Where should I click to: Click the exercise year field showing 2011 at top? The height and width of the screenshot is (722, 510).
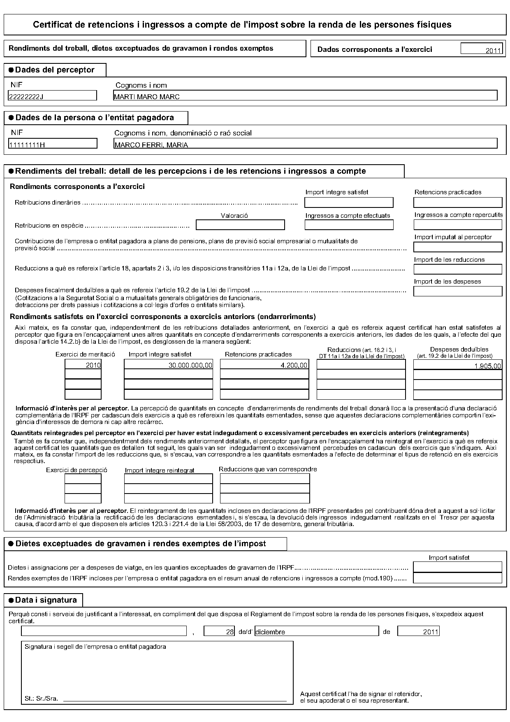(x=482, y=49)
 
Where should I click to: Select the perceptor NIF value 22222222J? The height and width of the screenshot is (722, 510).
(x=52, y=96)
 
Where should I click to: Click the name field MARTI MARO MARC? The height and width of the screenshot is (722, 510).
(x=305, y=96)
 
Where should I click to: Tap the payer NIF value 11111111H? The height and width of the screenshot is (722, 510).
(x=53, y=144)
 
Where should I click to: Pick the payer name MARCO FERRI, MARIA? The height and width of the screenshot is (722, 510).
(x=305, y=144)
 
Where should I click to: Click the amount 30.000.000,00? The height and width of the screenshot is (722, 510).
(x=169, y=365)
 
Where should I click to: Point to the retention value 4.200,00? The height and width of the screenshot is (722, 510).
(x=264, y=365)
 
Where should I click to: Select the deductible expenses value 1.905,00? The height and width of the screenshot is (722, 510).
(x=457, y=365)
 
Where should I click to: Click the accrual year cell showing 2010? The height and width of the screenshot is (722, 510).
(x=83, y=365)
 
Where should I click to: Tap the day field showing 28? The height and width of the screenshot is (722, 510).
(x=219, y=631)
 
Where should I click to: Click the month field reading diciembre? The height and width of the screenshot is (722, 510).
(x=316, y=631)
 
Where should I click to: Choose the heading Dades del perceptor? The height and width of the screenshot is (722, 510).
(x=55, y=70)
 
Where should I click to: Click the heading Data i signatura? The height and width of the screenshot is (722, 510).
(x=46, y=600)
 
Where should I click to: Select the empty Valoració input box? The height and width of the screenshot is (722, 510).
(x=240, y=225)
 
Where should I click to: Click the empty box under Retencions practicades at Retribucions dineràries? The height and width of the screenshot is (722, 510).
(x=458, y=203)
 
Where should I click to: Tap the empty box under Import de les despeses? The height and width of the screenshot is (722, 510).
(x=458, y=291)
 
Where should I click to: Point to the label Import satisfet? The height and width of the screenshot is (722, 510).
(x=449, y=558)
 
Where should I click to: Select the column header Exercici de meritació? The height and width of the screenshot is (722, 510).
(x=85, y=354)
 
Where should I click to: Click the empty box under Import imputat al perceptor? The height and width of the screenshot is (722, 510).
(x=458, y=247)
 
